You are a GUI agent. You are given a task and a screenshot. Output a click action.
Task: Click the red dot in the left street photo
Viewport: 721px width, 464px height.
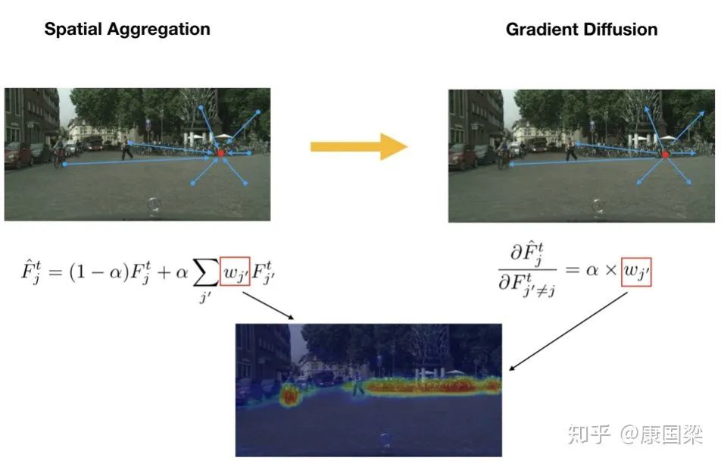(x=221, y=153)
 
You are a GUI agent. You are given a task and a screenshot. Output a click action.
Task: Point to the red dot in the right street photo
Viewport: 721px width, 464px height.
(x=665, y=155)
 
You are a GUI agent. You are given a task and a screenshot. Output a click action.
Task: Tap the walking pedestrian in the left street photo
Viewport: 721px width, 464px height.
(x=126, y=149)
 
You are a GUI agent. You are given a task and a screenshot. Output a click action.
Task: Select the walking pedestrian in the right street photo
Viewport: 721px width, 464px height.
(x=570, y=150)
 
